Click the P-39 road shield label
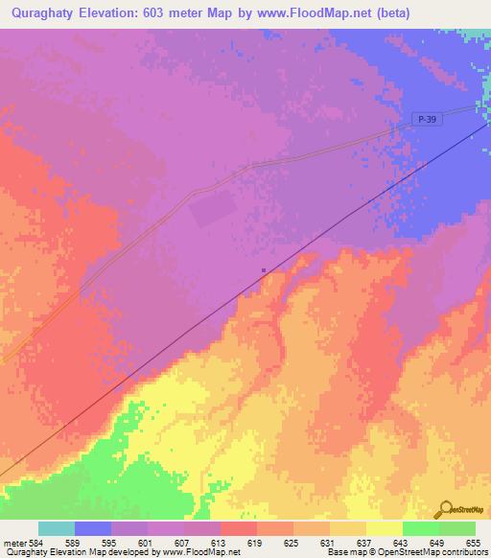pyautogui.click(x=429, y=118)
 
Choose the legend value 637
pyautogui.click(x=349, y=543)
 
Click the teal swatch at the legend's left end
pyautogui.click(x=57, y=528)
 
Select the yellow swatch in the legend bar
pyautogui.click(x=384, y=528)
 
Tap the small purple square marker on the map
pyautogui.click(x=264, y=270)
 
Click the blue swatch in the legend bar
pyautogui.click(x=93, y=528)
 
